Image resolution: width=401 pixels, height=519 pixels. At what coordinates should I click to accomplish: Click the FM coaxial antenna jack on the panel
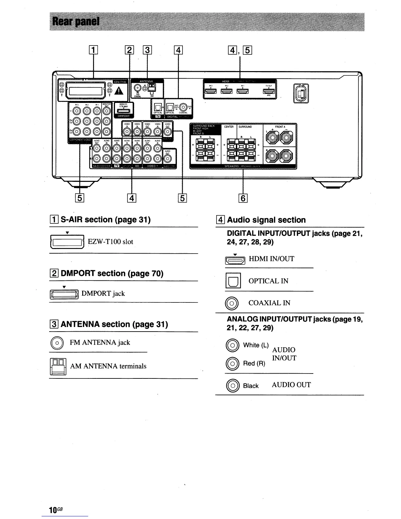click(x=138, y=87)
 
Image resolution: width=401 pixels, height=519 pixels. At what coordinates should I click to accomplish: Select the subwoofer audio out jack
click(x=167, y=159)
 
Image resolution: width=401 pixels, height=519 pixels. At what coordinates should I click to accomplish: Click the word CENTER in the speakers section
click(x=229, y=127)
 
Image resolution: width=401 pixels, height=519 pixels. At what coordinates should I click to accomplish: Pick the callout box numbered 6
click(x=243, y=198)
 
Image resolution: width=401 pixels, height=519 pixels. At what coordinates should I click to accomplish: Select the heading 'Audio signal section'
click(x=266, y=220)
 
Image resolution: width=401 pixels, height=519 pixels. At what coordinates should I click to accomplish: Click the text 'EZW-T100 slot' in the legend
click(x=110, y=242)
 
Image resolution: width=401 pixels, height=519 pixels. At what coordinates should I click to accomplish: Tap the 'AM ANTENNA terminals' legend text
click(x=108, y=366)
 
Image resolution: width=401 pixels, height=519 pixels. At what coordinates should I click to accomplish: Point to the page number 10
click(x=53, y=510)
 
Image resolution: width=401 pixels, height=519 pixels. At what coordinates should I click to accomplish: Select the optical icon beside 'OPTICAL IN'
click(x=233, y=281)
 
